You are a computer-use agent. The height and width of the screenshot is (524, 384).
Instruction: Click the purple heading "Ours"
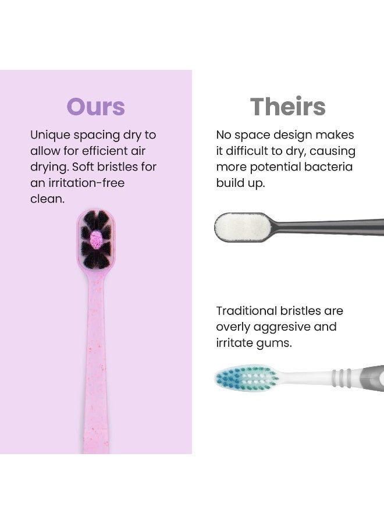[95, 107]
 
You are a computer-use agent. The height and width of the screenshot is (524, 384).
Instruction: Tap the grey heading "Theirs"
[287, 107]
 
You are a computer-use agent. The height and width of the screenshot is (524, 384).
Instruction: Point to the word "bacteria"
[329, 167]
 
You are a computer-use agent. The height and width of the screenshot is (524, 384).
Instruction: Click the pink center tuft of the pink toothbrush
[96, 237]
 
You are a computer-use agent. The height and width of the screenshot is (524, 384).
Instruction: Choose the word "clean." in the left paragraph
[47, 199]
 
